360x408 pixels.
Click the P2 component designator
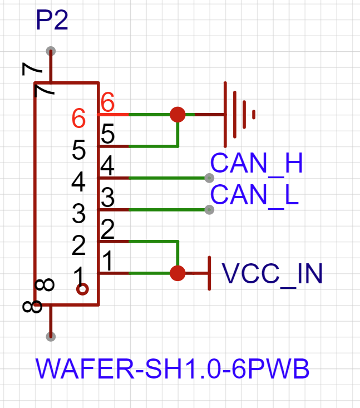(x=52, y=21)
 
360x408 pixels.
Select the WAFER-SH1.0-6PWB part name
(x=172, y=369)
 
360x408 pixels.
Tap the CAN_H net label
(x=257, y=164)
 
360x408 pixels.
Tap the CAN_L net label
(x=255, y=195)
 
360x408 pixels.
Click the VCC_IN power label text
(x=273, y=274)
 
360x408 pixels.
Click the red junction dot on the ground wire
(x=177, y=114)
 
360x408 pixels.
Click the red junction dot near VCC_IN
(x=177, y=273)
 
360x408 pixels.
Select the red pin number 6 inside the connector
(x=79, y=118)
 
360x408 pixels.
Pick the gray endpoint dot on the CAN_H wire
(x=209, y=178)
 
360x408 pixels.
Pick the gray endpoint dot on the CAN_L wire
(x=209, y=210)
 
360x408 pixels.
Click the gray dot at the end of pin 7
(x=51, y=50)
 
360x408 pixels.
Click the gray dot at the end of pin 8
(x=51, y=336)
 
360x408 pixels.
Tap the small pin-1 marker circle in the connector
(x=82, y=289)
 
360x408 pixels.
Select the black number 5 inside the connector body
(x=79, y=150)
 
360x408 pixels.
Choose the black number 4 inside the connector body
(x=79, y=181)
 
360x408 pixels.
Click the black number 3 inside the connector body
(x=79, y=213)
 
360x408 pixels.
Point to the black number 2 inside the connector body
(x=79, y=245)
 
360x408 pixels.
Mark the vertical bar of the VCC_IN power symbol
(x=209, y=273)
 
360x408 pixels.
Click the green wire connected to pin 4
(x=167, y=178)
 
